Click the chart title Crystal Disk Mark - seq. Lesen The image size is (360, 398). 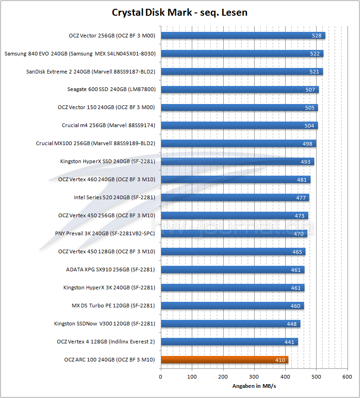point(180,12)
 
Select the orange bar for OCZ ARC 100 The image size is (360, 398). point(224,360)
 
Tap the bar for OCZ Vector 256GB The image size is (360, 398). point(243,36)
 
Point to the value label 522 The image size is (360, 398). point(315,54)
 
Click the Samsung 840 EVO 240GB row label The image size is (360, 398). point(80,54)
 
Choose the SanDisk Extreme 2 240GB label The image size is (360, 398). point(91,72)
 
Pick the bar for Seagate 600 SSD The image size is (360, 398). point(239,90)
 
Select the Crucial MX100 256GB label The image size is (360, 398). point(95,143)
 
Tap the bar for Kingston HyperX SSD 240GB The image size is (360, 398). point(237,161)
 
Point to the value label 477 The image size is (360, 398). point(301,198)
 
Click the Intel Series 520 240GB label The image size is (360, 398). point(114,197)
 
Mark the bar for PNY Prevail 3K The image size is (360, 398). point(233,234)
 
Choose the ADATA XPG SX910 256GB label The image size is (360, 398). point(110,269)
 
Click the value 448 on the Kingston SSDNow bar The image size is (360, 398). point(292,324)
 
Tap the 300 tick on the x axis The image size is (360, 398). point(254,377)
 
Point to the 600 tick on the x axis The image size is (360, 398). point(348,377)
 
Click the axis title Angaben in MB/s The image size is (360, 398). point(254,386)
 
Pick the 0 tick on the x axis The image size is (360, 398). point(160,377)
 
